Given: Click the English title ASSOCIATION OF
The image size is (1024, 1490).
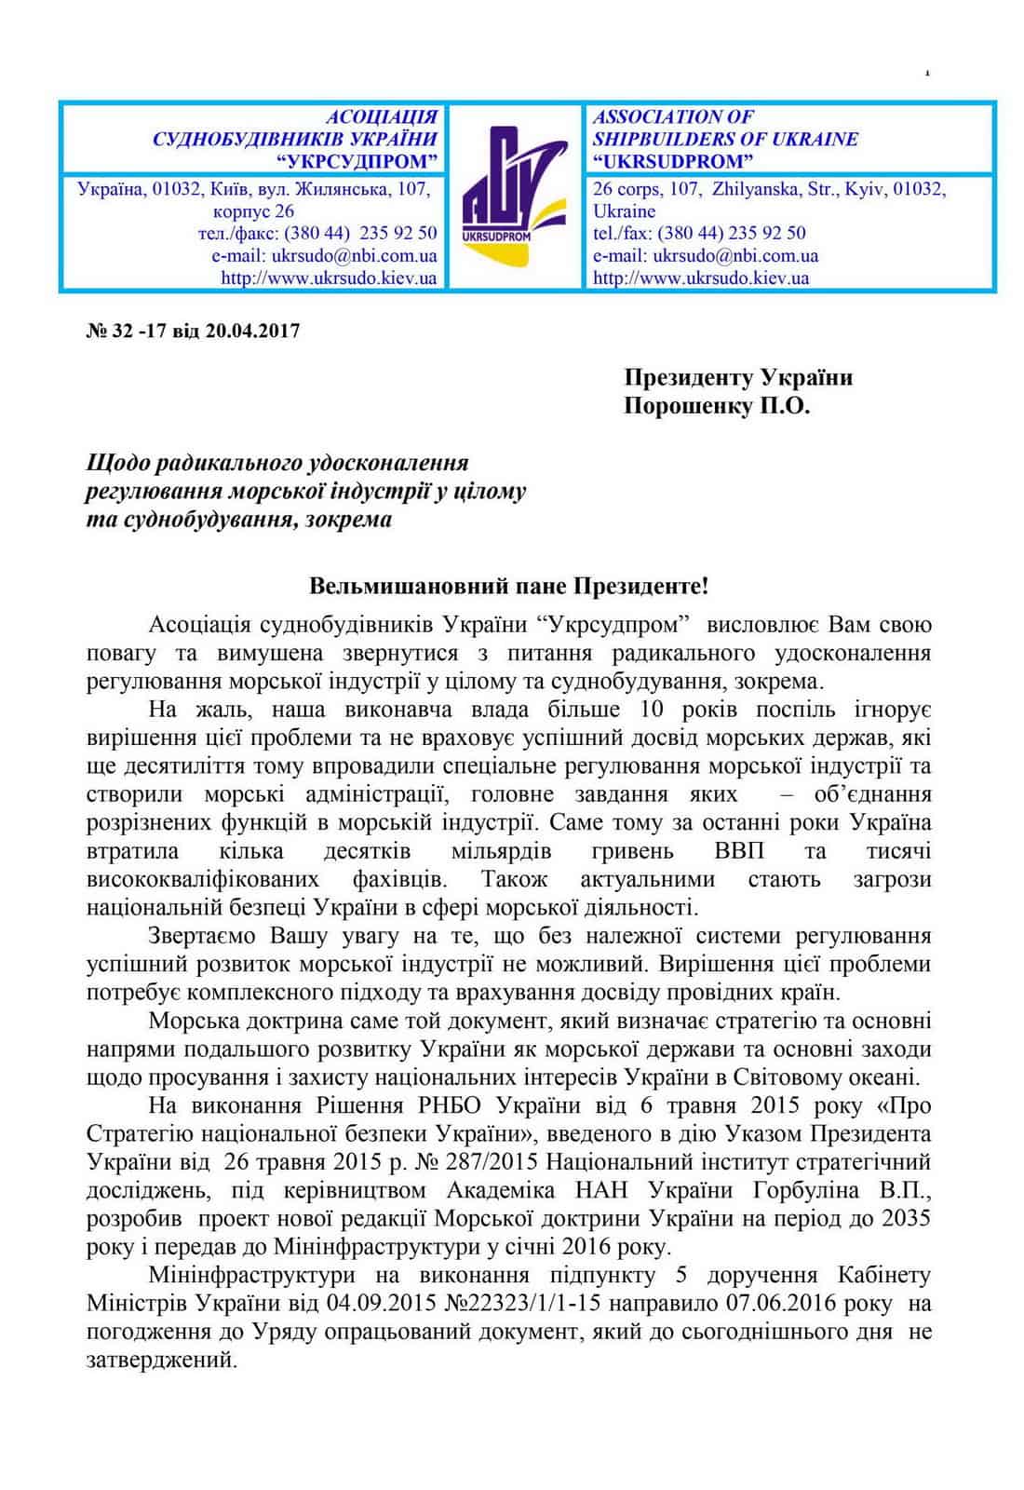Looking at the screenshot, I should coord(672,117).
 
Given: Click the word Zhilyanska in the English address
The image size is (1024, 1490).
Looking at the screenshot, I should coord(755,189).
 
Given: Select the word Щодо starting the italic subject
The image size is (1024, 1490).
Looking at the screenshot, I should coord(116,463).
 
